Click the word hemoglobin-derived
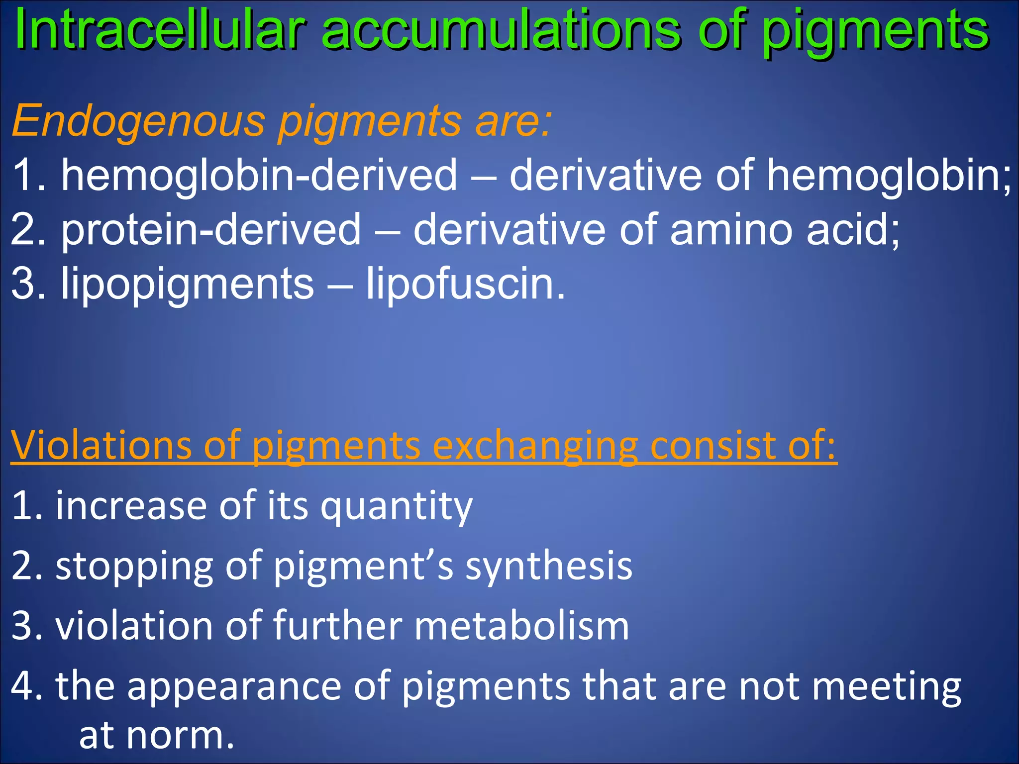pyautogui.click(x=259, y=175)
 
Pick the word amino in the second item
pyautogui.click(x=731, y=229)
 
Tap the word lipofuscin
pyautogui.click(x=466, y=284)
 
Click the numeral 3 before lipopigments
pyautogui.click(x=22, y=284)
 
